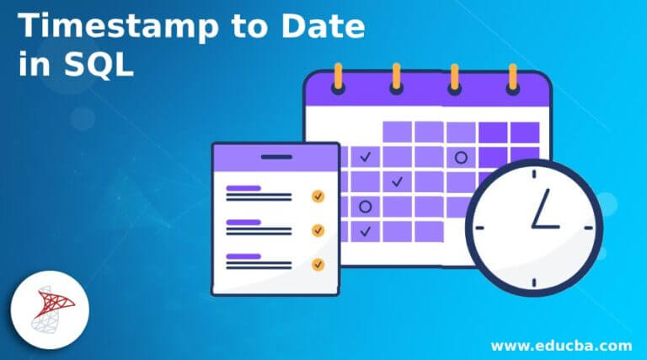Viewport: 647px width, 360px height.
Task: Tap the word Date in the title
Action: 320,27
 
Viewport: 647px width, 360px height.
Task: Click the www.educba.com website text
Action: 563,345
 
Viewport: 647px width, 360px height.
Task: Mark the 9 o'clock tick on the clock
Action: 480,227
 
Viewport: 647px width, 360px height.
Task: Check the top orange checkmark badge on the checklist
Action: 318,196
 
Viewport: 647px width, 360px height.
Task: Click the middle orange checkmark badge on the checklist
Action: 318,229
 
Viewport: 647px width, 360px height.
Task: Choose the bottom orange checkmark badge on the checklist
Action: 318,264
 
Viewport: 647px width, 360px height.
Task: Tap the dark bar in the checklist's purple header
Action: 275,156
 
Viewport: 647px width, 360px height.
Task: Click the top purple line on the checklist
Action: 243,188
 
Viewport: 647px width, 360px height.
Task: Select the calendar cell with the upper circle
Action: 460,157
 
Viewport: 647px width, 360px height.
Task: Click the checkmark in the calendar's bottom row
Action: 365,230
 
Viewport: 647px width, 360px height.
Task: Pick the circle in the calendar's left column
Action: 365,206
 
